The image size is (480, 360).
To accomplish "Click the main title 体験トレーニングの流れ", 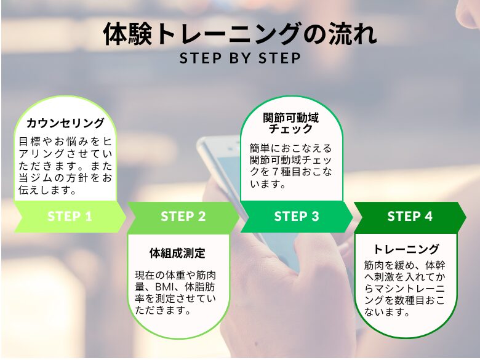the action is coord(240,34).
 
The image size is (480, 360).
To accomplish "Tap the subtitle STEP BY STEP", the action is coord(240,58).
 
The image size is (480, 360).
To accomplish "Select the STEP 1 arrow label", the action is coord(70,217).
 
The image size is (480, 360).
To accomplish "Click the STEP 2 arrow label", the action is coord(183,217).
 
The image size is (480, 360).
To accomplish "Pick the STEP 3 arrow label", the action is coord(297,217).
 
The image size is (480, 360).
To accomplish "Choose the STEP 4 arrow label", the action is coord(410,217).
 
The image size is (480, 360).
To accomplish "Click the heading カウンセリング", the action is coord(65,123).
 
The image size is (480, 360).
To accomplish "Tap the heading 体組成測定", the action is coord(177,253).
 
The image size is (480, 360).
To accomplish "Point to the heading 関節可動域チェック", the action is coord(291,123).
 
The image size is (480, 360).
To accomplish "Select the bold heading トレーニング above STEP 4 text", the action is coord(406,249).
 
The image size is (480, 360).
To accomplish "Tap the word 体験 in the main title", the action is coord(127,34).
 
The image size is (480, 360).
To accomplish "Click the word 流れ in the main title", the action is coord(353,34).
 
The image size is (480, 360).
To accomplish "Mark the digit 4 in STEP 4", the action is coord(428,217).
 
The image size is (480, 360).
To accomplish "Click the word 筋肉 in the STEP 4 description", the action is coord(374,265).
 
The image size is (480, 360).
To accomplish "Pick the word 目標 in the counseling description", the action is coord(30,142).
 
